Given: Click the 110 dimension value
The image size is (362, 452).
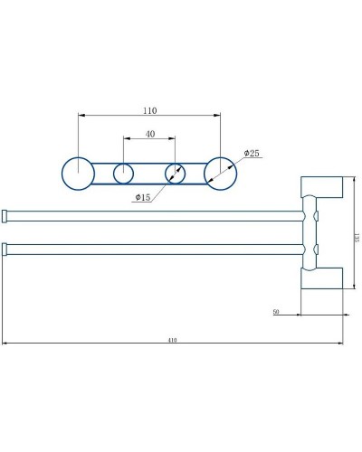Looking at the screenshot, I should pyautogui.click(x=150, y=110).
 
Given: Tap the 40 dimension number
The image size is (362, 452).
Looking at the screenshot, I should pyautogui.click(x=149, y=134).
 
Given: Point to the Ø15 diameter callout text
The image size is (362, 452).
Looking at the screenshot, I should pyautogui.click(x=142, y=196).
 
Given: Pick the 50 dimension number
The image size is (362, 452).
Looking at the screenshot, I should pyautogui.click(x=274, y=312).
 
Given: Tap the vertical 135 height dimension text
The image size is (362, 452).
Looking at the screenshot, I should pyautogui.click(x=356, y=234).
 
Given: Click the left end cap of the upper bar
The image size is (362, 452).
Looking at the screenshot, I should pyautogui.click(x=5, y=215).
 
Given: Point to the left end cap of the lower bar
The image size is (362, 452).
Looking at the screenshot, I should pyautogui.click(x=5, y=248).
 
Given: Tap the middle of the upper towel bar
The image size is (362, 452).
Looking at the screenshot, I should pyautogui.click(x=154, y=215).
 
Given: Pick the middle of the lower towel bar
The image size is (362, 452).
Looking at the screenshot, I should pyautogui.click(x=154, y=248).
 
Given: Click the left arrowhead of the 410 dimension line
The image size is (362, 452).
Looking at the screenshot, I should pyautogui.click(x=5, y=344).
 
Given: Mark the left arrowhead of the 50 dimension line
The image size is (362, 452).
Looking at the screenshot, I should pyautogui.click(x=300, y=316).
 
